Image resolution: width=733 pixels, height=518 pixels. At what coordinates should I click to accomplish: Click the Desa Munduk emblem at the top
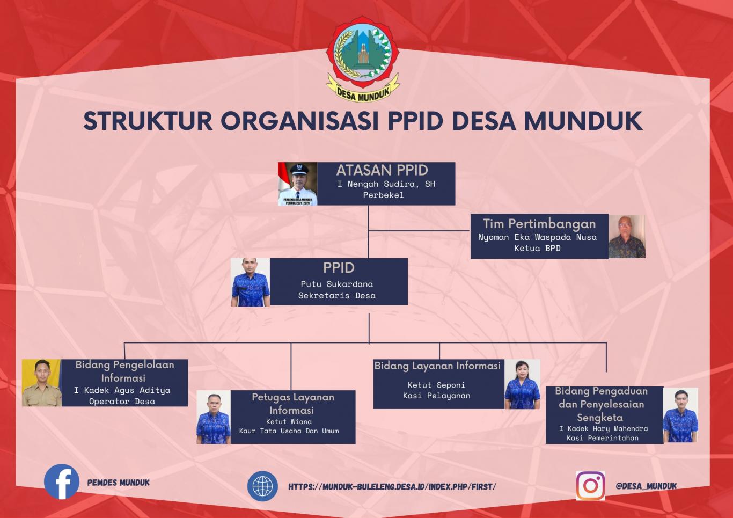coord(363,59)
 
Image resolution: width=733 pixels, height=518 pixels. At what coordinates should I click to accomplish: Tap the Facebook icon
coord(62,481)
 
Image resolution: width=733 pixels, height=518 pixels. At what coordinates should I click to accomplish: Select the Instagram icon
coord(591,486)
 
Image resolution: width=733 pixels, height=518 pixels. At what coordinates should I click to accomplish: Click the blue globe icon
coord(262,486)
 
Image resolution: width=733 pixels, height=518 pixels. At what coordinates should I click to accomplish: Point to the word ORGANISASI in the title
coord(299,121)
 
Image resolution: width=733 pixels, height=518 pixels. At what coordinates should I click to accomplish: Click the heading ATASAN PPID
coord(382,170)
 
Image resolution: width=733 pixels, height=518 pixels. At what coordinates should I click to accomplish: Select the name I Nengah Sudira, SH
coord(386,184)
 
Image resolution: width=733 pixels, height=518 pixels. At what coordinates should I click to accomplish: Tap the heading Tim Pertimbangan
coord(539,224)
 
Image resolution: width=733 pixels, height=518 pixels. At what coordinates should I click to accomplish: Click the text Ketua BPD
coord(537,248)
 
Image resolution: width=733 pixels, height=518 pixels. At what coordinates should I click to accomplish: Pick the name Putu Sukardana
coord(337,284)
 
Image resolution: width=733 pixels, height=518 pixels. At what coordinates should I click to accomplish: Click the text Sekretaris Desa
coord(337,295)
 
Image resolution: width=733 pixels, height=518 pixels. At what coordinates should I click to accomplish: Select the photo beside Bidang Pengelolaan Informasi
coord(41,383)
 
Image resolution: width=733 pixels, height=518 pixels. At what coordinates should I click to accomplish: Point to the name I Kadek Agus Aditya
coord(122,390)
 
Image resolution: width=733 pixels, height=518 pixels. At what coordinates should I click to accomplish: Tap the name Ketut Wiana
coord(289,422)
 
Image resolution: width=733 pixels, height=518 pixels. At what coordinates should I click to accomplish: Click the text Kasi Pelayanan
coord(437,396)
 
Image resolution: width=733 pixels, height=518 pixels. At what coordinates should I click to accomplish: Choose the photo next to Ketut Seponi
coord(522,384)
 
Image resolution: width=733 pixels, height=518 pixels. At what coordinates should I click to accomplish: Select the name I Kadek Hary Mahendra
coord(604,428)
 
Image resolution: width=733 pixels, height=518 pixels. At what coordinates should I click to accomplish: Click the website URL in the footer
coord(392,487)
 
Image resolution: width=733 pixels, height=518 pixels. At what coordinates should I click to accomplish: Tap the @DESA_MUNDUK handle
coord(646,486)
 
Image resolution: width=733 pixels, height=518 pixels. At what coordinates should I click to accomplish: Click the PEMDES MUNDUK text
coord(119,483)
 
